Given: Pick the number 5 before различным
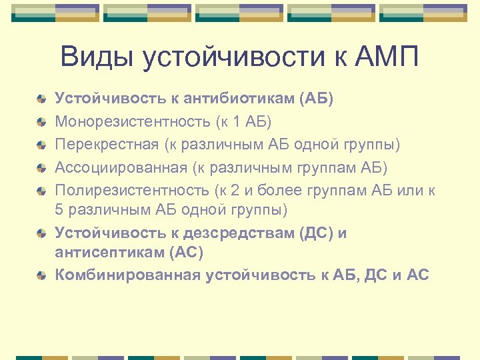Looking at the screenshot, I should coord(59,210).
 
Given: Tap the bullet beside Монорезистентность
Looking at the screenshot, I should coord(41,122).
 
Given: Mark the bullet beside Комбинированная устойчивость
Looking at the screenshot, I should coord(41,274).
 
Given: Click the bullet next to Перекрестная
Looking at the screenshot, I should coord(41,145).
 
